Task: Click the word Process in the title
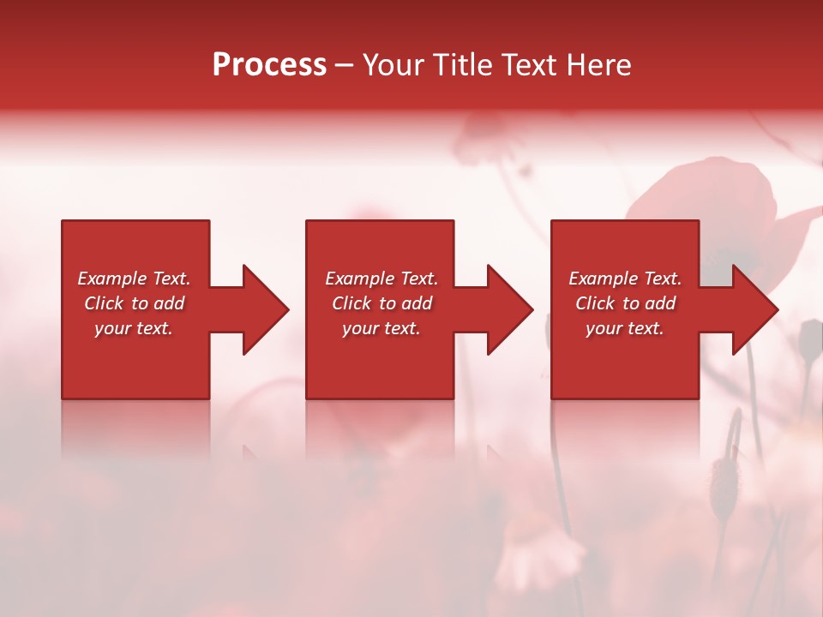click(x=269, y=65)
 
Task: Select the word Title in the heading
click(x=462, y=65)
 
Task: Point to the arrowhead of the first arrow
click(x=266, y=309)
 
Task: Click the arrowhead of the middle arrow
click(x=510, y=309)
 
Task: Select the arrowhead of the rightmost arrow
click(x=755, y=309)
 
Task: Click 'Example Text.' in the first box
click(x=134, y=279)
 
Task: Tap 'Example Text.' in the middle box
click(x=381, y=279)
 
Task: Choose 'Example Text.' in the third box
click(x=625, y=279)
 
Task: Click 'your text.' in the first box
click(x=134, y=328)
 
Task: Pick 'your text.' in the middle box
click(x=381, y=328)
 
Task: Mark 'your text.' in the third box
click(x=625, y=328)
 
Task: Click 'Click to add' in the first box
click(x=134, y=303)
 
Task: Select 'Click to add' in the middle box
click(x=381, y=303)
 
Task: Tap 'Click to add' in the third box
click(x=625, y=303)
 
